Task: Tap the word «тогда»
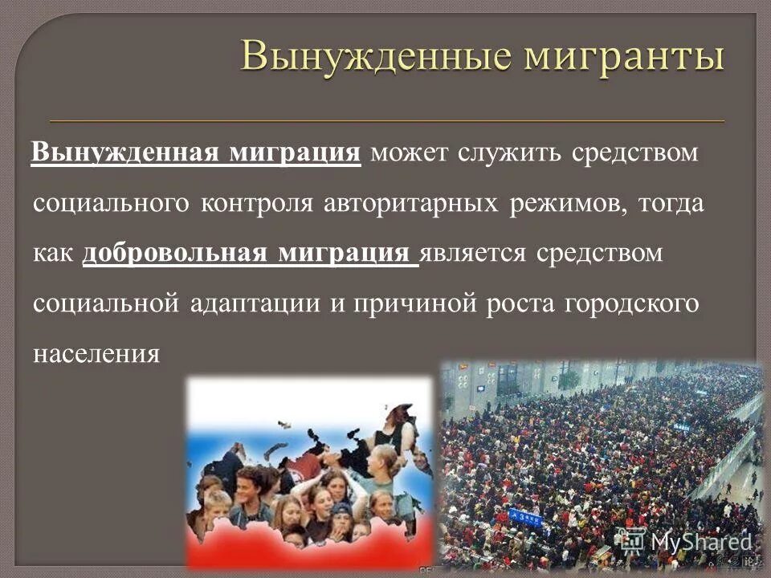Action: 671,203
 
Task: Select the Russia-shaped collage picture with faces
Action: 310,473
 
